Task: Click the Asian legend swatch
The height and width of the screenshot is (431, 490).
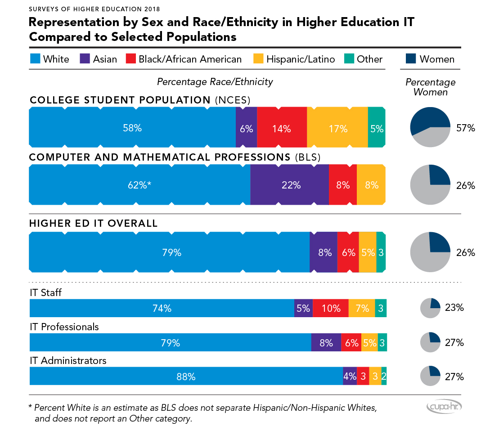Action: (x=85, y=58)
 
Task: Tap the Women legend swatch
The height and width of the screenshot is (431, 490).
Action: (x=411, y=58)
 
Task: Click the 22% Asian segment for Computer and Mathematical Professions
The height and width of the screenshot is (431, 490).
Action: (x=289, y=185)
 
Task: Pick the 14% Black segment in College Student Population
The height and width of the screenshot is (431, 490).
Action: (x=282, y=128)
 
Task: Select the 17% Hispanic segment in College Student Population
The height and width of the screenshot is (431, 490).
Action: (x=337, y=128)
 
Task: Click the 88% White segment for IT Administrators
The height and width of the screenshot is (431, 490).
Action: (x=186, y=376)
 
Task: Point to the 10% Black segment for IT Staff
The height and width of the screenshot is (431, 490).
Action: (x=330, y=308)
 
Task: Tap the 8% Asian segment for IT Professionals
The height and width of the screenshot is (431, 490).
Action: (x=326, y=342)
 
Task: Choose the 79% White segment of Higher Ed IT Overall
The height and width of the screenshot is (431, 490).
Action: (x=169, y=252)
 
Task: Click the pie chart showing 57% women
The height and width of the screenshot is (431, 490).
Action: (x=430, y=128)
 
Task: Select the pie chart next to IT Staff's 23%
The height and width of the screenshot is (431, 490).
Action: (x=430, y=308)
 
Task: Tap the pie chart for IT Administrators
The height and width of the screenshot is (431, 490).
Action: (x=430, y=376)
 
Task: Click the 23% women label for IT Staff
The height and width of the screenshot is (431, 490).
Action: (x=454, y=308)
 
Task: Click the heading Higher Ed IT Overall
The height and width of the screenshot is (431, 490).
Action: (x=93, y=223)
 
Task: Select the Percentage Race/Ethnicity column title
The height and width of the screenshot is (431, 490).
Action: (x=215, y=81)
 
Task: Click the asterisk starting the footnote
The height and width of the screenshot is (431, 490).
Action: (x=30, y=408)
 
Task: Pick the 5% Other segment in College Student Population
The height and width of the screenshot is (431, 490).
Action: (x=377, y=128)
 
